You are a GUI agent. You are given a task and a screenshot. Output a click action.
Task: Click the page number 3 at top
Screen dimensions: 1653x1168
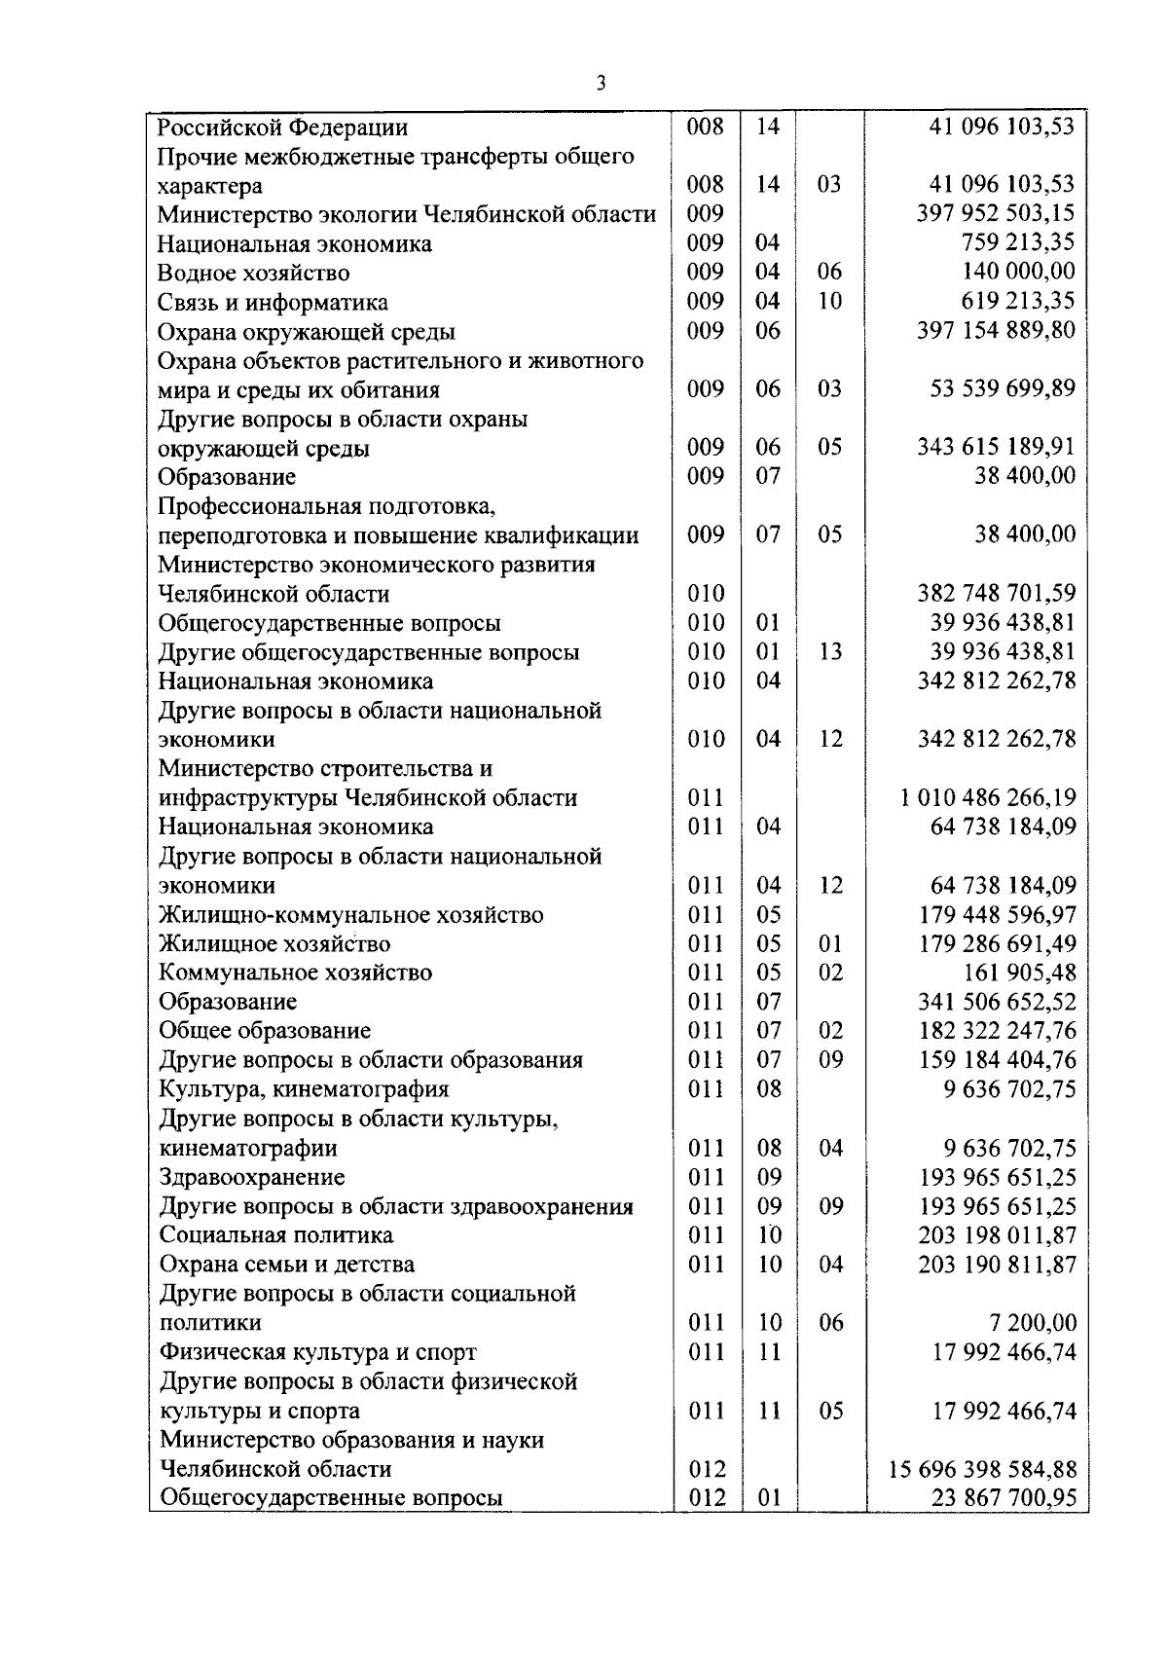[x=601, y=84]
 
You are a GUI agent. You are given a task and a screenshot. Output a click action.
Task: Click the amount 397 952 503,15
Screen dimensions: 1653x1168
[x=996, y=213]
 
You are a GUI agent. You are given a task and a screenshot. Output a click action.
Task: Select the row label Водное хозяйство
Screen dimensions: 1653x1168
[x=254, y=274]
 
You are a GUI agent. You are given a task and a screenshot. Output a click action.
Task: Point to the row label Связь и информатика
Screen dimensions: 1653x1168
[x=273, y=303]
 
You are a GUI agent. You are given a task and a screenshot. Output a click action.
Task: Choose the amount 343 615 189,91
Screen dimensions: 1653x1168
[x=996, y=448]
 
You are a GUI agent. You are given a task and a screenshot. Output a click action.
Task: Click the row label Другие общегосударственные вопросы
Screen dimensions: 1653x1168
[x=369, y=652]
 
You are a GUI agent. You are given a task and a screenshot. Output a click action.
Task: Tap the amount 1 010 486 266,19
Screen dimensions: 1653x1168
[x=988, y=798]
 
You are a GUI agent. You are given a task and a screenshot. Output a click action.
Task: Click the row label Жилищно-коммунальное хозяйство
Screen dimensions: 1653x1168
[x=351, y=915]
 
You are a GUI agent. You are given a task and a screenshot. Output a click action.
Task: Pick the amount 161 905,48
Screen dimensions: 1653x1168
[x=1019, y=973]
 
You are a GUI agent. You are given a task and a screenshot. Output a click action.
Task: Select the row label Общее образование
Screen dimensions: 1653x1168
[x=265, y=1031]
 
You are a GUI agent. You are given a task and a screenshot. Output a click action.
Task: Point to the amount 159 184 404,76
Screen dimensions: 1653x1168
[x=997, y=1060]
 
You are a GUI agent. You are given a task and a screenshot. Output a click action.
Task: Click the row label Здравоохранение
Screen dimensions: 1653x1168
[x=252, y=1177]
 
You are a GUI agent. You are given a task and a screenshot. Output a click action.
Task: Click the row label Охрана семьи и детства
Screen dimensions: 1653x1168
[x=287, y=1265]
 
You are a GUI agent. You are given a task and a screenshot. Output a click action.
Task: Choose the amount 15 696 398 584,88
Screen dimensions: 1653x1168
[x=983, y=1469]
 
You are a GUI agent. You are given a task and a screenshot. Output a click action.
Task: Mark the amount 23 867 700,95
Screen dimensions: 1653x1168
[x=1004, y=1498]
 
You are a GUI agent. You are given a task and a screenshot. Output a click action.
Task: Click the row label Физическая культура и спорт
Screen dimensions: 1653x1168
[x=318, y=1352]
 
